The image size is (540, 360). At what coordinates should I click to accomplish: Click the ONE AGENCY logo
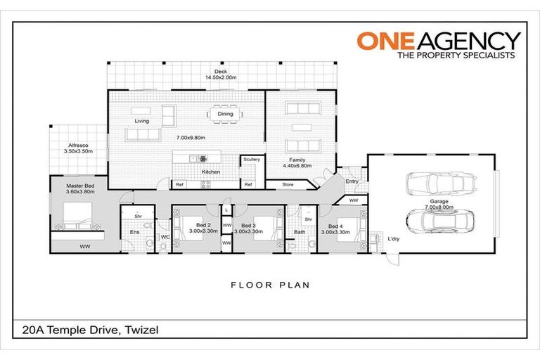tap(439, 44)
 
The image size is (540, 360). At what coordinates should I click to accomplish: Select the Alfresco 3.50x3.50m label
tap(72, 147)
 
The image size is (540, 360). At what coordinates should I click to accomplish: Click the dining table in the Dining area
tap(225, 113)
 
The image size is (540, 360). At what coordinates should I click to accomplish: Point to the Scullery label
tap(251, 160)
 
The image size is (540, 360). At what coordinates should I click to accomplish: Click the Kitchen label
tap(211, 172)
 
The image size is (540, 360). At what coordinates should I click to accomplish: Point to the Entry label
tap(352, 181)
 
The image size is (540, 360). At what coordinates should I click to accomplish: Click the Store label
tap(288, 185)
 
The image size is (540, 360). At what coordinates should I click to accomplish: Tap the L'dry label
tap(394, 238)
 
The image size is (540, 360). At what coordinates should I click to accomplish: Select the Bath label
tap(300, 232)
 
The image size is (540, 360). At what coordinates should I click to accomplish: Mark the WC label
tap(165, 238)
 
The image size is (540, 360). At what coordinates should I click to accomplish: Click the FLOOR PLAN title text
tap(270, 285)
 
